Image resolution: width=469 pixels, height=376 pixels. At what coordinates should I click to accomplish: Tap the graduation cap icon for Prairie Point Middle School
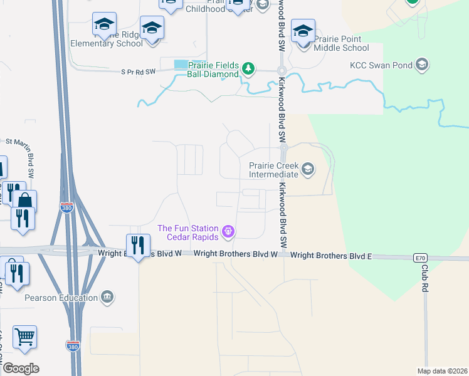point(303,31)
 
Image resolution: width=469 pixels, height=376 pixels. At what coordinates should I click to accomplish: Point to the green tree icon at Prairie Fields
point(248,68)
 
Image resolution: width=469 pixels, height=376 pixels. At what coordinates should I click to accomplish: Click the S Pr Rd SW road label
point(138,72)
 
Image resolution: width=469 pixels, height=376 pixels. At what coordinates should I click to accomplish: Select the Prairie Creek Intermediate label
point(274,170)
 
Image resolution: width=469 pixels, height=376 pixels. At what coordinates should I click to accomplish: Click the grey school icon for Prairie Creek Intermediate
point(307,169)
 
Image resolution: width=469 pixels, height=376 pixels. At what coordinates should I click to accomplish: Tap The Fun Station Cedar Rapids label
point(187,232)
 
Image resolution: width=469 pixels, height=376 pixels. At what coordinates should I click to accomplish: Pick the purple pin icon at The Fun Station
point(228,232)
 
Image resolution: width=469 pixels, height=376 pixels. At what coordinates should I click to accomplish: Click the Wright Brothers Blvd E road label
point(331,255)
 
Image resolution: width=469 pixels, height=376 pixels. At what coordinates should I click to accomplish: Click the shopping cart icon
point(24,337)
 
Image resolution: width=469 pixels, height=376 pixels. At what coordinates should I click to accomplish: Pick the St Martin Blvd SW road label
point(29,157)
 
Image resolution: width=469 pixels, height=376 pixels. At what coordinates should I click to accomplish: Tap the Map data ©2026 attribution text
point(441,371)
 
